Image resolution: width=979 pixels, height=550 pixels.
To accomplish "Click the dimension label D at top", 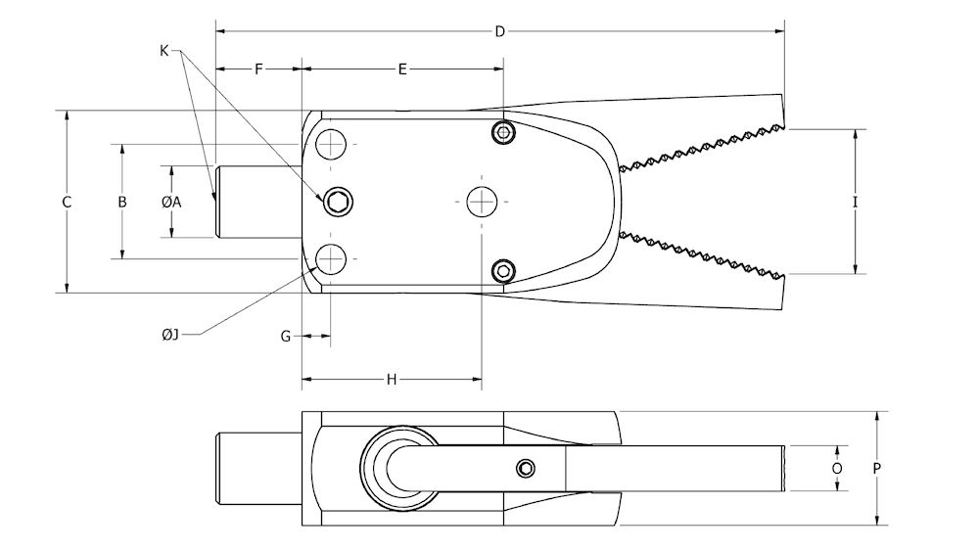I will coord(499,32).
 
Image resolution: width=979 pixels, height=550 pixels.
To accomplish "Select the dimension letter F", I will coord(258,69).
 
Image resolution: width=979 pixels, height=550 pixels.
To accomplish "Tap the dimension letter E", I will coord(402,69).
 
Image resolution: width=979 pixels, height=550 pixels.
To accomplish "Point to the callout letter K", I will coord(164,49).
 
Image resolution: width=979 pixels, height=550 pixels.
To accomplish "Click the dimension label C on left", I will coord(67,203).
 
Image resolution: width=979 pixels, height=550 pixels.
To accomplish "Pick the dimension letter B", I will coord(122,203).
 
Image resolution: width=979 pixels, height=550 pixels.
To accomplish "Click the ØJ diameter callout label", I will coord(170,336).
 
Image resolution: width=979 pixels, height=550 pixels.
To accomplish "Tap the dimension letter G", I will coord(286,336).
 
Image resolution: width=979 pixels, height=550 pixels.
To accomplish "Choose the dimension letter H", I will coord(392,379).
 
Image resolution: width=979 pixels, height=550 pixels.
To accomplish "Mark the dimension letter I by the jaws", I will coord(855,203).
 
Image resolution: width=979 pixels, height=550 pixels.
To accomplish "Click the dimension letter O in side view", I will coord(837,468).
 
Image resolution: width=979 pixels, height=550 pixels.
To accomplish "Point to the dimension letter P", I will coord(877,468).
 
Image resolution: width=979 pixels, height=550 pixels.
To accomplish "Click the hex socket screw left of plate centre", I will coord(339,202).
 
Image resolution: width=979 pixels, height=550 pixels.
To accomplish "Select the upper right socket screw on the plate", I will coord(503,132).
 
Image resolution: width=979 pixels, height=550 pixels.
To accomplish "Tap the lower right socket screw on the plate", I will coord(503,269).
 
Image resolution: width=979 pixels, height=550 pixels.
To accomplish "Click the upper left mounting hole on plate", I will coord(332,145).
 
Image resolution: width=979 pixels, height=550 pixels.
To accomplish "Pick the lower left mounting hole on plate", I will coord(332,258).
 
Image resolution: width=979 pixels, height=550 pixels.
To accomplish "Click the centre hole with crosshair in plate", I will coord(482,202).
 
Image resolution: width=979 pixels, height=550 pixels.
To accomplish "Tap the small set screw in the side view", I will coord(527,468).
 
